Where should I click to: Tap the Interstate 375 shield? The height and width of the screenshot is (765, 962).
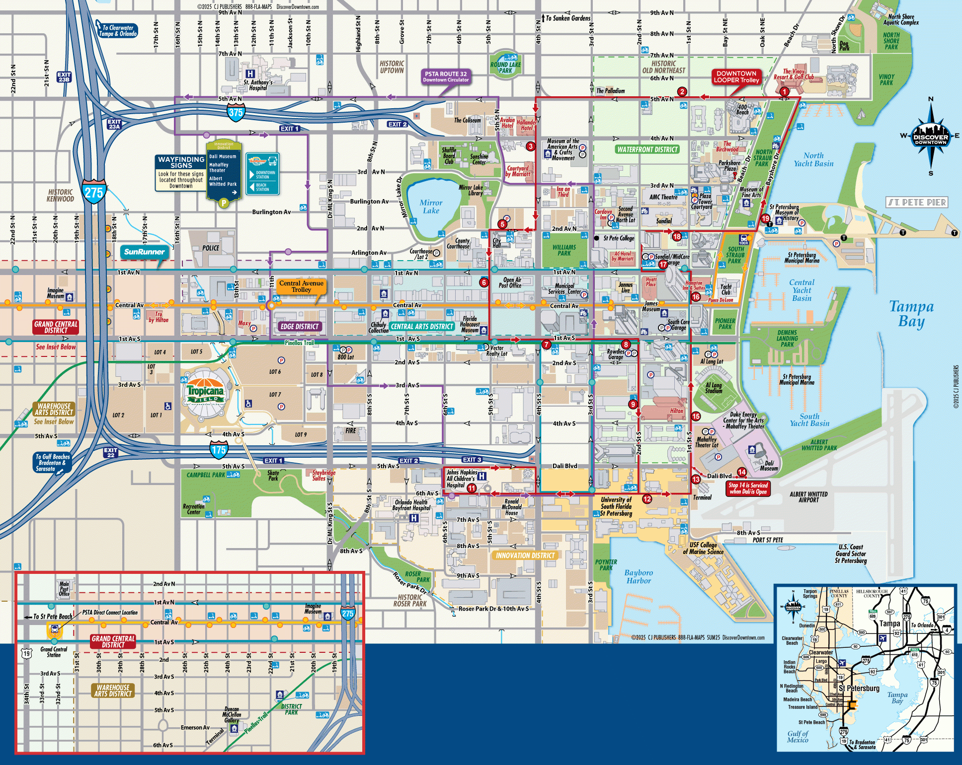pos(236,113)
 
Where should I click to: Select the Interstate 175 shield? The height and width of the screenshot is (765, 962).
pos(219,450)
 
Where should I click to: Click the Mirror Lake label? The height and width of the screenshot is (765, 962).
pos(431,207)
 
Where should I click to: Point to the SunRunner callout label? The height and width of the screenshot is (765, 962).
pos(144,252)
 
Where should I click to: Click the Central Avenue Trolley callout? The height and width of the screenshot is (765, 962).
pos(301,286)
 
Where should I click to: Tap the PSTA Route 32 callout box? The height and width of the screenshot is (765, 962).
pos(446,76)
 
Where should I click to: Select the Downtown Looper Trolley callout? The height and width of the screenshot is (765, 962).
pos(736,76)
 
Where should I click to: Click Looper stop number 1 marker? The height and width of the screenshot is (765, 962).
pos(784,91)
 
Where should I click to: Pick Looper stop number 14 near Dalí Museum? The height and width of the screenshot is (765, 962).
pos(742,472)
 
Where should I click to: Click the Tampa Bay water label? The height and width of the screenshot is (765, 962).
pos(911,314)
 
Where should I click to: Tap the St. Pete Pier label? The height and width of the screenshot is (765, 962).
pos(917,203)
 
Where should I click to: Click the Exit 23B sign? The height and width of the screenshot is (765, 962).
pos(64,77)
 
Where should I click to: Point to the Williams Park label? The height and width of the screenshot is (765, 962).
pos(564,250)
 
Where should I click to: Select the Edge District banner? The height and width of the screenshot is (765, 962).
pos(299,326)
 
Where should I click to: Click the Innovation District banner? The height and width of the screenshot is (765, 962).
pos(525,555)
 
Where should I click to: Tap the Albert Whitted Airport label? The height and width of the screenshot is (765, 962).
pos(808,497)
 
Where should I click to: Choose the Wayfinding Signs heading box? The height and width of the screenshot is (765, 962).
pos(181,162)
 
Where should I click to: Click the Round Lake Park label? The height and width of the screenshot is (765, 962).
pos(505,68)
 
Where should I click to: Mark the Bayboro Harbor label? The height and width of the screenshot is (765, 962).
pos(639,576)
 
